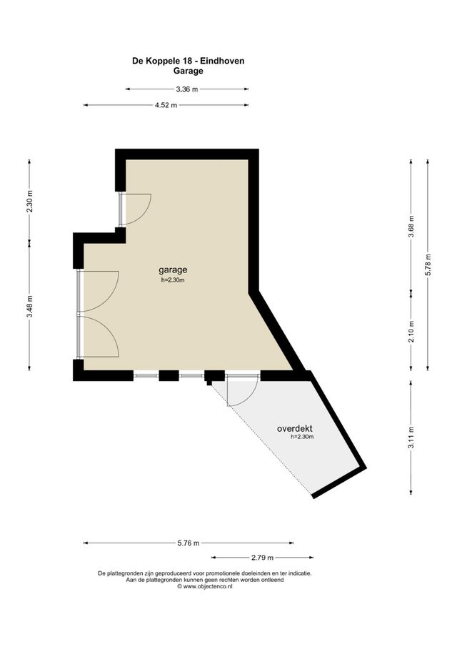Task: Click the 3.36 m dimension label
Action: point(186,89)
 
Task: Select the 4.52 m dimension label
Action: point(166,105)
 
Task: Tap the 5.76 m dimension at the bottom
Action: point(189,543)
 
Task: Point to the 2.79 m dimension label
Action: point(261,557)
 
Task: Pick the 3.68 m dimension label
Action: point(411,224)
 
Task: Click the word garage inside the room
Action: point(173,270)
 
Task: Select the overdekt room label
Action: point(294,428)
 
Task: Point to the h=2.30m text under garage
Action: point(173,280)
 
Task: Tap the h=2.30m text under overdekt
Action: point(303,437)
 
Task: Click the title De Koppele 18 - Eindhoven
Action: point(189,61)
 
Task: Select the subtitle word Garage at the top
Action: point(189,71)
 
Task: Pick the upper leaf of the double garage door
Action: point(99,292)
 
